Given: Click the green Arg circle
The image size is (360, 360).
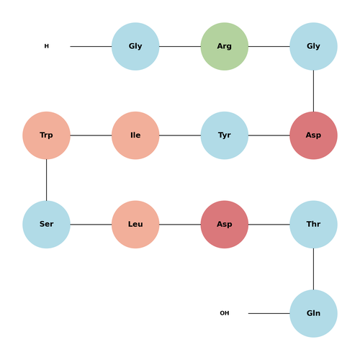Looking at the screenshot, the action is point(225,46).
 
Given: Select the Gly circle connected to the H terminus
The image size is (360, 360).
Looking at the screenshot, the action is point(135,46).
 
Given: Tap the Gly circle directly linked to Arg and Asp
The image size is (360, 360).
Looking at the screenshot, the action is point(313,46).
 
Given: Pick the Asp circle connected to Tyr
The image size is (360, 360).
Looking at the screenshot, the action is point(313,135).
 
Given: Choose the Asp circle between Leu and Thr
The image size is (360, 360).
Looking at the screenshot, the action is point(225,225).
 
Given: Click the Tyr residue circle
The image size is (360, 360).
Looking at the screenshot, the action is point(225,135).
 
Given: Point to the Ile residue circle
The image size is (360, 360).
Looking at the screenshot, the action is point(135,135).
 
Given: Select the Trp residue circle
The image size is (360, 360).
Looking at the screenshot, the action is point(46,135).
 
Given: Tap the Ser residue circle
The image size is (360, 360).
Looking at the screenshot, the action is point(46,225).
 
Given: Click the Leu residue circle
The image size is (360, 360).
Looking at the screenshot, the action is point(135,225).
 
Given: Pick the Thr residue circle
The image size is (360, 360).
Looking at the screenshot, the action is point(313,225).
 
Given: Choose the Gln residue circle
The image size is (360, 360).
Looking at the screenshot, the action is point(313,313).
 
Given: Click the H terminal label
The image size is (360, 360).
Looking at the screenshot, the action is point(47,46).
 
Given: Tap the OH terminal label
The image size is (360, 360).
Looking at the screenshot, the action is point(225,313).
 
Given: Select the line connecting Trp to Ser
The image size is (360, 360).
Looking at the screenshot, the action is point(46,180).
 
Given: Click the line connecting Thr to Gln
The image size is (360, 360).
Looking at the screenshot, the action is point(313,269).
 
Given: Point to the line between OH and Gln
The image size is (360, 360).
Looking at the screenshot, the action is point(269,313).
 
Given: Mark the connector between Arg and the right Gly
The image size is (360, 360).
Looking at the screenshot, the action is point(269,46).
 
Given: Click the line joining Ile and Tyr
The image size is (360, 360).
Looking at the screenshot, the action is point(180,135).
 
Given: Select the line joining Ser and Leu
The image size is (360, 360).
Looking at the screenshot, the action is point(91,225).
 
